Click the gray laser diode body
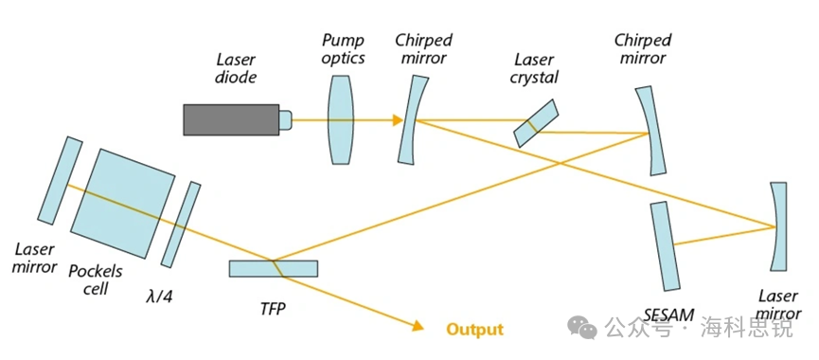pos(231,119)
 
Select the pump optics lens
pos(341,119)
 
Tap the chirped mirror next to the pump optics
pos(413,119)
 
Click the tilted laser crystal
pos(536,123)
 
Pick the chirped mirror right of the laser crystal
pos(653,131)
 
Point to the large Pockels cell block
pos(123,204)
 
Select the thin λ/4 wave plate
pos(181,225)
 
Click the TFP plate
pos(274,268)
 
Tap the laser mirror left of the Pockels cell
pos(60,181)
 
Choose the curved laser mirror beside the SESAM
pos(777,226)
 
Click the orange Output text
pos(474,329)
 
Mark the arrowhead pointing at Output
pos(417,326)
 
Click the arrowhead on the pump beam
pos(398,120)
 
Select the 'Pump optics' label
pos(342,48)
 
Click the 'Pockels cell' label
pos(96,279)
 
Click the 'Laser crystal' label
pos(535,68)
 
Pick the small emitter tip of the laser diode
pos(285,119)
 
